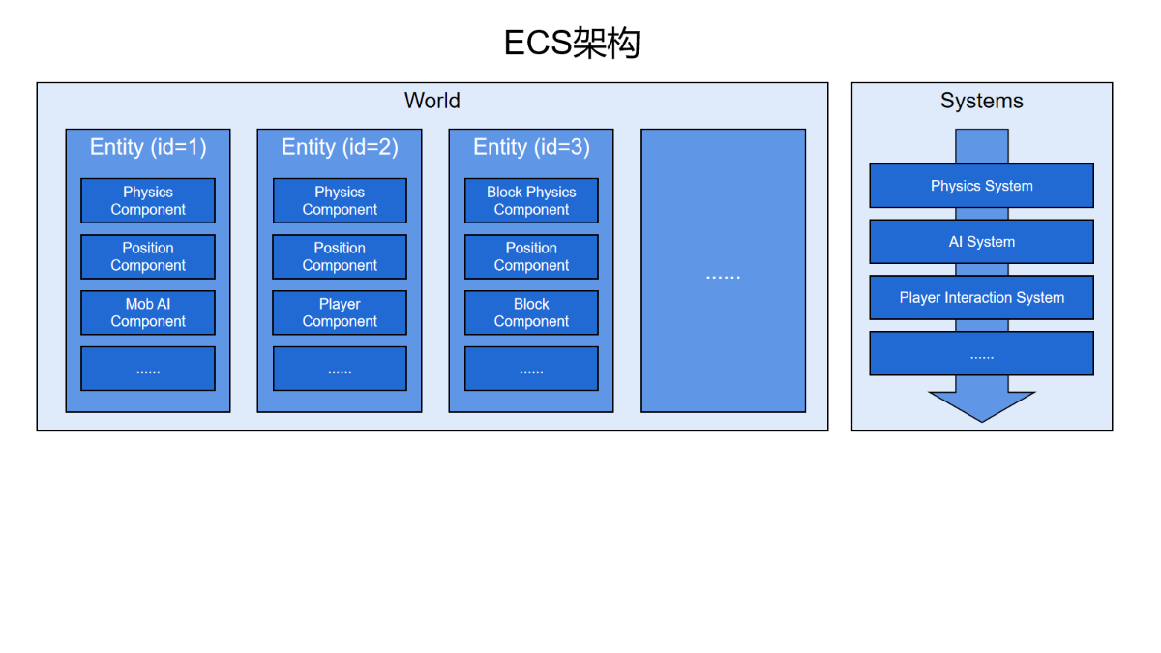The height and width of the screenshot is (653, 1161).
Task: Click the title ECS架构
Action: [572, 43]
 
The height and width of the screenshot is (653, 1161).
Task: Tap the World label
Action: [432, 101]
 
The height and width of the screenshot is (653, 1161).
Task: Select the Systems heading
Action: [982, 101]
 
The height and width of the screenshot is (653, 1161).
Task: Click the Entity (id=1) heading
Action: [148, 147]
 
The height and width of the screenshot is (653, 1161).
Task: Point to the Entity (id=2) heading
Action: [340, 147]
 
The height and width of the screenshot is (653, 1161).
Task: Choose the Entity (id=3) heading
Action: [531, 147]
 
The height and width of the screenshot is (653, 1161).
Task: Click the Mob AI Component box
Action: [148, 312]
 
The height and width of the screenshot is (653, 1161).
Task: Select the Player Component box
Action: [340, 312]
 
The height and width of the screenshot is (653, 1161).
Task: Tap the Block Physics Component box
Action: [531, 200]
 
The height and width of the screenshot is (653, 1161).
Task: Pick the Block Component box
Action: [531, 312]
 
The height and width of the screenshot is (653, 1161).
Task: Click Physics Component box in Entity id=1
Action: [148, 200]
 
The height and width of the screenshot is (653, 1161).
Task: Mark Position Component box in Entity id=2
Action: [340, 256]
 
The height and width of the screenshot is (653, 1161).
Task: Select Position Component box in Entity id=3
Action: [531, 256]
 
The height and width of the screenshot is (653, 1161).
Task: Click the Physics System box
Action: [982, 186]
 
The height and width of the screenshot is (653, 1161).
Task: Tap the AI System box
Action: [982, 242]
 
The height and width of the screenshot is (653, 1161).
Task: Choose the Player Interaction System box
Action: [982, 298]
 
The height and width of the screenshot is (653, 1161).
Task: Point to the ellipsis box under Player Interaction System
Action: [982, 353]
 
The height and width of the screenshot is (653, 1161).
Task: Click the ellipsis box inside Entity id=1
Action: [148, 369]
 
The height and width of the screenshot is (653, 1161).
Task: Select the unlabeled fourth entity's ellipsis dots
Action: [723, 278]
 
